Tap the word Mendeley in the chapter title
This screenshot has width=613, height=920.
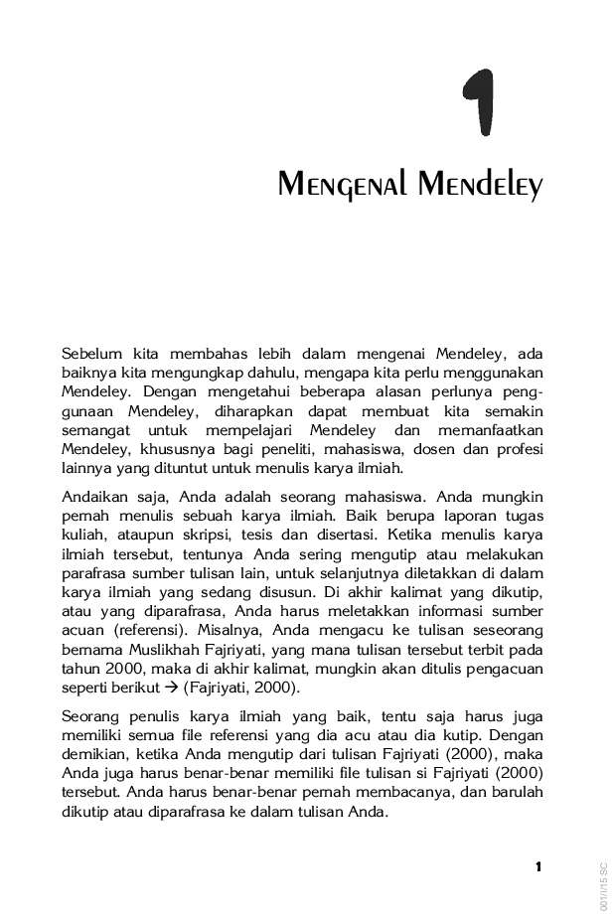click(481, 185)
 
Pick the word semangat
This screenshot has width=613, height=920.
click(95, 430)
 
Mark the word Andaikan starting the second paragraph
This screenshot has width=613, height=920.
click(95, 496)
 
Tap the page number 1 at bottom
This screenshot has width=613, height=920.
click(537, 867)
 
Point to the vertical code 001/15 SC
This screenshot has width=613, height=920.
click(603, 885)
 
